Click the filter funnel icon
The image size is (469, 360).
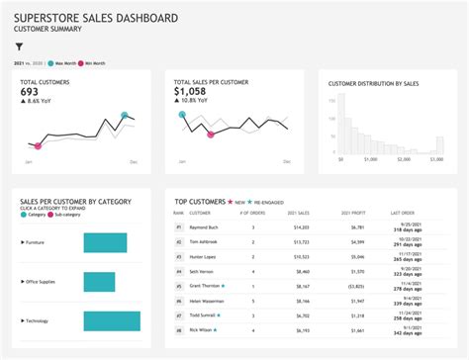tap(19, 46)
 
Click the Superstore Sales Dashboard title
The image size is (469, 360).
tap(96, 18)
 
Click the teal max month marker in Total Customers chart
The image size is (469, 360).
tap(125, 116)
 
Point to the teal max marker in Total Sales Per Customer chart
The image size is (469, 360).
tap(182, 115)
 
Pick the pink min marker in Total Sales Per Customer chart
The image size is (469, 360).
tap(210, 135)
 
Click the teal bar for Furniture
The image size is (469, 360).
tap(105, 241)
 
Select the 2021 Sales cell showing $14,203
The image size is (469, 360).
tap(301, 227)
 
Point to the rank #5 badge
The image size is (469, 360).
tap(179, 286)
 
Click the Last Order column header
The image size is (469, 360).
tap(402, 213)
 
